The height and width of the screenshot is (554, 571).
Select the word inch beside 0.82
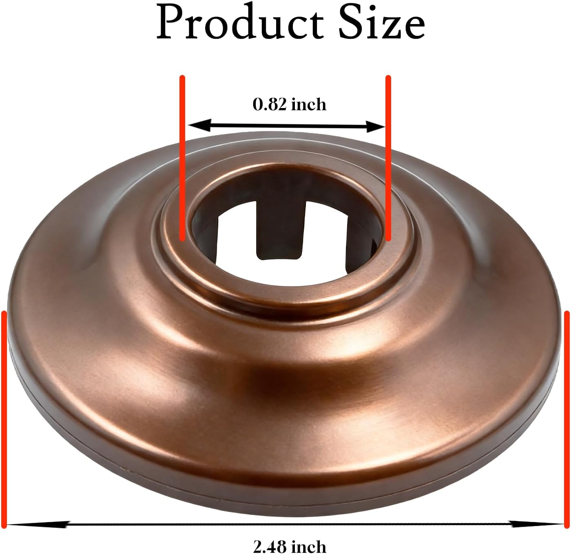pos(309,104)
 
